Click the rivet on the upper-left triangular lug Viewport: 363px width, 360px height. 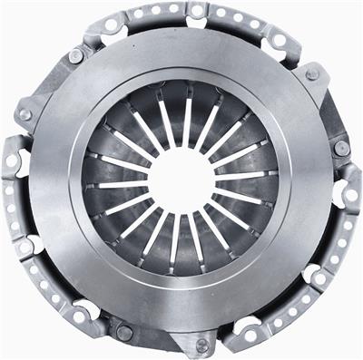pos(76,56)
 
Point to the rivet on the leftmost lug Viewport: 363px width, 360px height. pos(25,115)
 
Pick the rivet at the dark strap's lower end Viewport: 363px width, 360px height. pos(339,148)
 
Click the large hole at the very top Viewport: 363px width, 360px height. pos(194,12)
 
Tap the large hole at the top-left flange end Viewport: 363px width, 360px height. pos(113,26)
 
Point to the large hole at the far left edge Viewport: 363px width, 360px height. pos(13,161)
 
